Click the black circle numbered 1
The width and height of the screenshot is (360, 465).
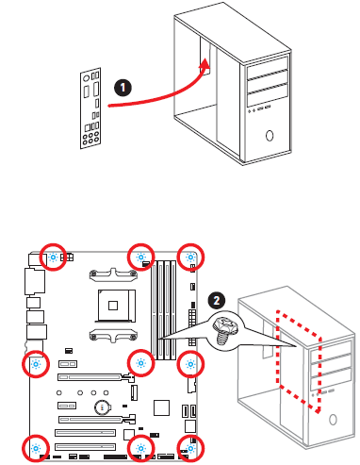click(x=122, y=85)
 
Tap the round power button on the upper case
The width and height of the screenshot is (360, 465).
click(x=270, y=134)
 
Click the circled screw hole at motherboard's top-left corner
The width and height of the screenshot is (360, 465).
click(x=54, y=257)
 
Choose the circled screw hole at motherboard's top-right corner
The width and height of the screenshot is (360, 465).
click(x=191, y=257)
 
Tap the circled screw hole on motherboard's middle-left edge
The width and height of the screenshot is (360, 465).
click(x=36, y=362)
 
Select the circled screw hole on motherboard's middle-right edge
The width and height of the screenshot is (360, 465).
click(x=190, y=362)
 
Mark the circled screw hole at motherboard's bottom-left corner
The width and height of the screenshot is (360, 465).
click(x=36, y=447)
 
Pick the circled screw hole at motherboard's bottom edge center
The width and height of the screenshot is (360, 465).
click(x=140, y=447)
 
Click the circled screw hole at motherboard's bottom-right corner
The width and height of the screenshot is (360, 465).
click(x=190, y=447)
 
